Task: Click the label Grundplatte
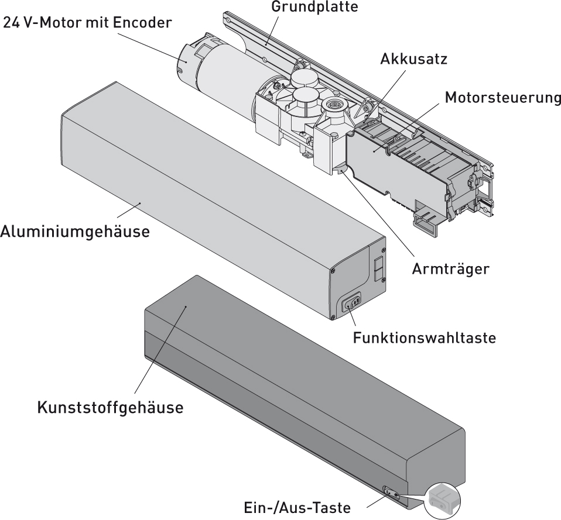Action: coord(314,7)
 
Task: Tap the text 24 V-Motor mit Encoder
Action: coord(88,23)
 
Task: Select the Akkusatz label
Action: coord(413,59)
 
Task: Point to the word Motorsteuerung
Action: coord(502,98)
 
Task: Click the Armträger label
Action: coord(450,268)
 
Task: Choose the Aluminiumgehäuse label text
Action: coord(75,232)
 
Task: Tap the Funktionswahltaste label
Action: coord(425,338)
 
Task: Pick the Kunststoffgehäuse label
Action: coord(110,408)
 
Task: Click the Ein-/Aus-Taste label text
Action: coord(297,508)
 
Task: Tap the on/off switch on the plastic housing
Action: coord(391,493)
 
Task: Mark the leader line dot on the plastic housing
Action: coord(186,307)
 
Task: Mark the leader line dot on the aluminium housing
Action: coord(140,203)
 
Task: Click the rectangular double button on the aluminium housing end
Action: coord(378,268)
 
